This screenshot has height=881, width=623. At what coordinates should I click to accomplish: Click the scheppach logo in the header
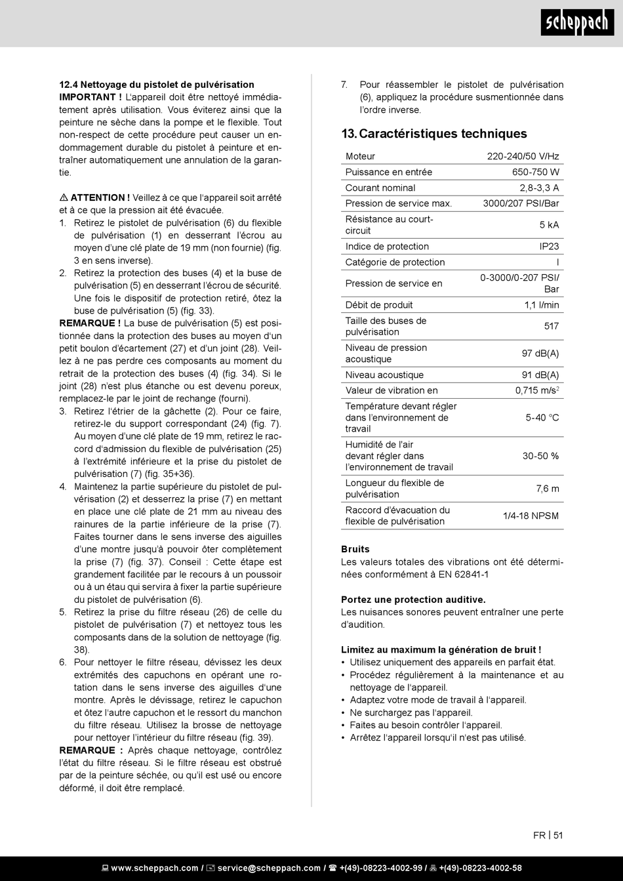(x=577, y=24)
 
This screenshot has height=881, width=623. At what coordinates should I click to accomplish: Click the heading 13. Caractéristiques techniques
(x=433, y=134)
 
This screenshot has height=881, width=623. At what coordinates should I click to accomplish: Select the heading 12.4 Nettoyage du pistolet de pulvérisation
(x=157, y=85)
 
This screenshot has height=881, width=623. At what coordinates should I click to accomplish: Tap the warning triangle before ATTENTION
(x=64, y=197)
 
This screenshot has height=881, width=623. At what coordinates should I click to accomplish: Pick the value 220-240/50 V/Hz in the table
(x=523, y=156)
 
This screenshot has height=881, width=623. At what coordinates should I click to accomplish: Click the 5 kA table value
(x=549, y=225)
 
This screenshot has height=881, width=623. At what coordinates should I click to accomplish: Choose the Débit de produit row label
(x=379, y=305)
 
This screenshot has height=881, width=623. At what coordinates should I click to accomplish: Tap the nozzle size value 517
(x=551, y=326)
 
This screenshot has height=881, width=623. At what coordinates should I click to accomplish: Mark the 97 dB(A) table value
(x=540, y=354)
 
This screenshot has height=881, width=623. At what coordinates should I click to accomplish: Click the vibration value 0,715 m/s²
(x=536, y=391)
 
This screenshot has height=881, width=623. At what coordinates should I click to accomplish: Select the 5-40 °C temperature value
(x=542, y=417)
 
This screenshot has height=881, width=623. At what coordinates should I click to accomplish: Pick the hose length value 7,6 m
(x=547, y=489)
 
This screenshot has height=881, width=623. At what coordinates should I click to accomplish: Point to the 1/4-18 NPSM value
(x=531, y=516)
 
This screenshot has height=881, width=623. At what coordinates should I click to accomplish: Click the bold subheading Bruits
(x=355, y=549)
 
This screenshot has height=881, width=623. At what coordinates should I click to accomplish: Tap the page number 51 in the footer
(x=558, y=835)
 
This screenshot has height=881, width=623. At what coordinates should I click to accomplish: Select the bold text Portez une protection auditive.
(x=413, y=600)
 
